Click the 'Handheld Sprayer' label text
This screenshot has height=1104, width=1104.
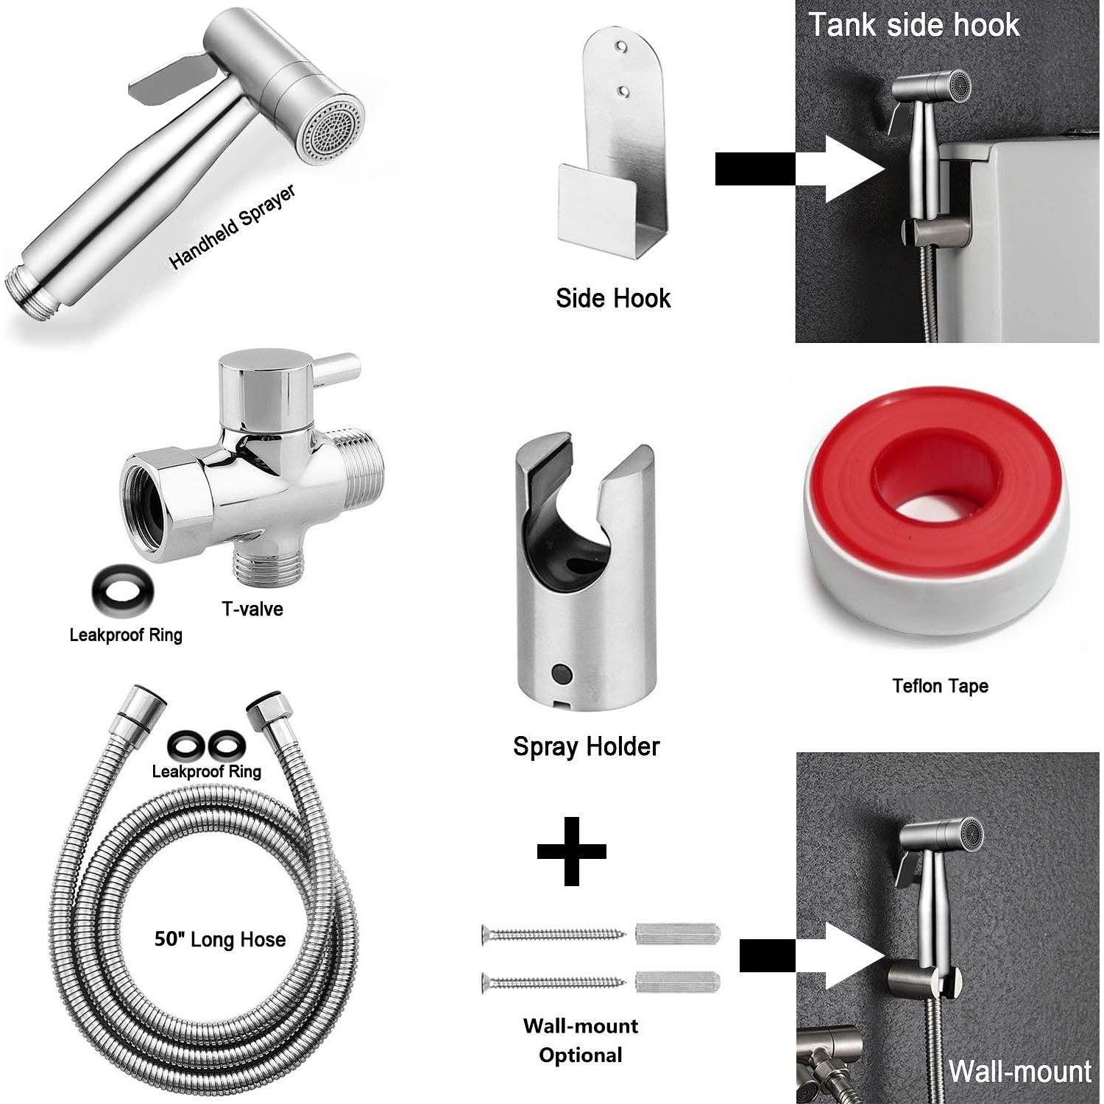pyautogui.click(x=233, y=227)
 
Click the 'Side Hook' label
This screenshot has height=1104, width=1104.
pyautogui.click(x=613, y=298)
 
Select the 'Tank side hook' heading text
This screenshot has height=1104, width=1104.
pyautogui.click(x=914, y=25)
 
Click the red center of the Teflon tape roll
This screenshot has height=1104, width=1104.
pyautogui.click(x=935, y=486)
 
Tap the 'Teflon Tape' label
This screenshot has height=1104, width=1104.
pyautogui.click(x=940, y=686)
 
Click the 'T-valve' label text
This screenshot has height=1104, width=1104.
pyautogui.click(x=252, y=609)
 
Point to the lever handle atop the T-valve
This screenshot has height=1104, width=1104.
pyautogui.click(x=339, y=363)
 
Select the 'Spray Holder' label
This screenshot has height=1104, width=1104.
pyautogui.click(x=586, y=746)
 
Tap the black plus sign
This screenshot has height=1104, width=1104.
pyautogui.click(x=572, y=851)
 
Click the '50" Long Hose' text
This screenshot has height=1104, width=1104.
pyautogui.click(x=220, y=939)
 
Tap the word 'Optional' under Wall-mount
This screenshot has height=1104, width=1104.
pyautogui.click(x=581, y=1055)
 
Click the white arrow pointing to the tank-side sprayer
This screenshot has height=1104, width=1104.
pyautogui.click(x=854, y=169)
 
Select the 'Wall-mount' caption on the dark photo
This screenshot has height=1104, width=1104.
pyautogui.click(x=1019, y=1072)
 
